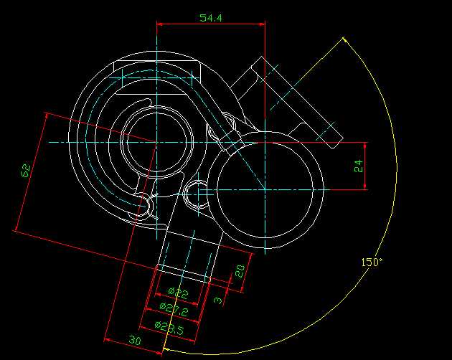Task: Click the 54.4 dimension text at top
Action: click(x=210, y=18)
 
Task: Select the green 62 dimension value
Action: click(x=26, y=171)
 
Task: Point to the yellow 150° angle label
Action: click(x=372, y=262)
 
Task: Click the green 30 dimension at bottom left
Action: click(x=134, y=339)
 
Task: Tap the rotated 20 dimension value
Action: click(x=240, y=271)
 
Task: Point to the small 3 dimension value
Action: click(x=218, y=300)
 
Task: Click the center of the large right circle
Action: click(x=265, y=189)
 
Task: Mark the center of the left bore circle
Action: click(x=156, y=141)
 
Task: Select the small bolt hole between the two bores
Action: click(x=197, y=192)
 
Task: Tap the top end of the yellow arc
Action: click(x=344, y=38)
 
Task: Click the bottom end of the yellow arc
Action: click(x=165, y=351)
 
